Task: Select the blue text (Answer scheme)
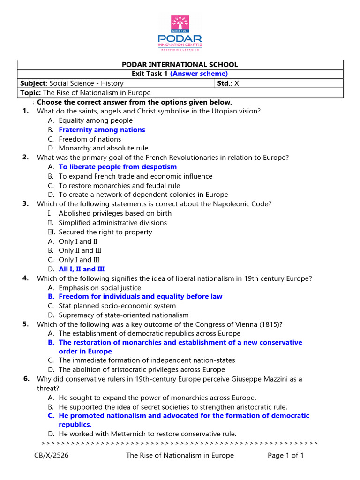[x=199, y=74]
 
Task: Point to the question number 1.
[x=25, y=111]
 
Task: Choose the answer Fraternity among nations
[x=102, y=130]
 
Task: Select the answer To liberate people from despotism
[x=118, y=167]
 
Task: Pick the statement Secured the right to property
[x=105, y=232]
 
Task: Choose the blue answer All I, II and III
[x=82, y=269]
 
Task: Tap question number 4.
[x=25, y=278]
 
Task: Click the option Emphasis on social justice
[x=99, y=288]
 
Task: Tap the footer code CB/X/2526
[x=52, y=455]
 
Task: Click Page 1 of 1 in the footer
[x=285, y=455]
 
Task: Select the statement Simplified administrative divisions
[x=112, y=223]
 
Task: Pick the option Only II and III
[x=80, y=250]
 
